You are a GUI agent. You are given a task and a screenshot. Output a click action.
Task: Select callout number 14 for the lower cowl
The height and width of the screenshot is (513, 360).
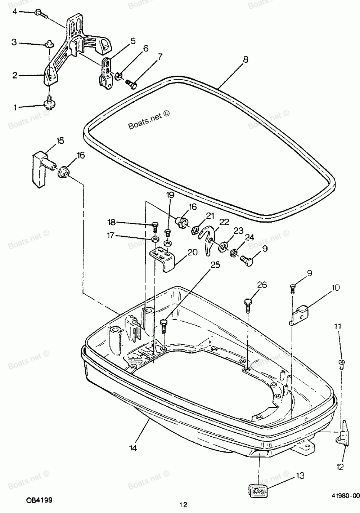pyautogui.click(x=133, y=448)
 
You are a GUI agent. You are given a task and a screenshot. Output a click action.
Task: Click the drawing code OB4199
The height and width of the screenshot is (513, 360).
pyautogui.click(x=39, y=500)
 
